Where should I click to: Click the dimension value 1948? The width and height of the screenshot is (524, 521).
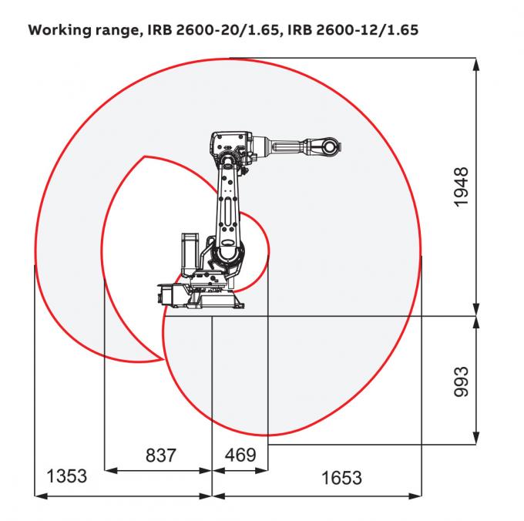(461, 187)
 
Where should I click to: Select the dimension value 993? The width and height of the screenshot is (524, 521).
(461, 380)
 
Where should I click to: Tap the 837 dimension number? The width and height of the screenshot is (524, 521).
(160, 455)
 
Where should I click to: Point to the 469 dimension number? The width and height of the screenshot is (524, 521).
(240, 455)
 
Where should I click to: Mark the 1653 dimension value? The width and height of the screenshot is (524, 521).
(341, 478)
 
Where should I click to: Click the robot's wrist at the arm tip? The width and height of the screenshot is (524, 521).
(328, 146)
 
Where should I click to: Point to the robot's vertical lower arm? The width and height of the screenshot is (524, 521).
(228, 204)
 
